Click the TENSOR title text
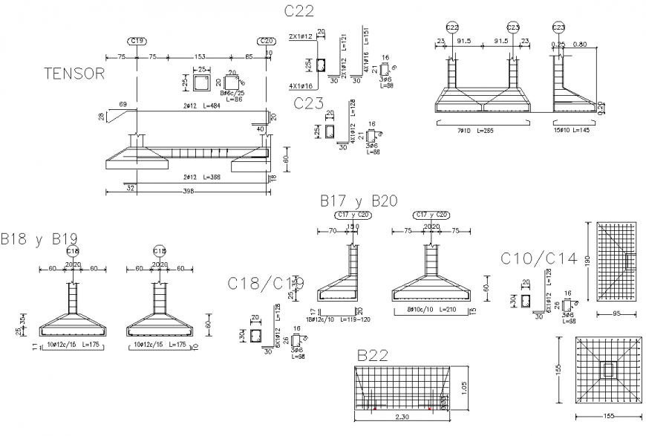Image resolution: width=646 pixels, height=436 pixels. coord(74,74)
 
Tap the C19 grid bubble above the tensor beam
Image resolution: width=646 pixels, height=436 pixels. coord(137,41)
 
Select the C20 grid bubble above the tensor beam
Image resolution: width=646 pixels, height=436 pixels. coord(266,41)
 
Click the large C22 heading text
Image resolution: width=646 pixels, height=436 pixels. coord(298,10)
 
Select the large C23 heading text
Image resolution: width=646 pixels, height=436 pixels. coord(308,102)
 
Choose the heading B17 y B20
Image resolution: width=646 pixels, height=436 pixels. coord(359,201)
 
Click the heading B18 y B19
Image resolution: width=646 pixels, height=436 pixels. coord(39,238)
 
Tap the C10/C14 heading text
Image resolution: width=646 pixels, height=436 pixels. coord(538,258)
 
